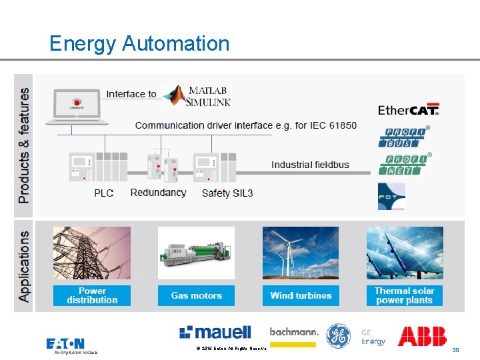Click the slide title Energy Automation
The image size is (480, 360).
click(x=139, y=44)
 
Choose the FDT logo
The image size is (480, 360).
click(x=391, y=196)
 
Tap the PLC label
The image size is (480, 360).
click(x=103, y=193)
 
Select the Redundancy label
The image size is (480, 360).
click(x=158, y=193)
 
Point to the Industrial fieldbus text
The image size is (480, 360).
click(x=310, y=165)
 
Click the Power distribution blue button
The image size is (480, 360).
click(x=92, y=295)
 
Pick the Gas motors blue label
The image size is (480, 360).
click(x=196, y=295)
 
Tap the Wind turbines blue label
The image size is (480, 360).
click(x=301, y=295)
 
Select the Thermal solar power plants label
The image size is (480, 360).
click(x=404, y=295)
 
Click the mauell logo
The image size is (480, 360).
click(x=215, y=332)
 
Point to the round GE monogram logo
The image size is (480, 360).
click(x=338, y=335)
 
